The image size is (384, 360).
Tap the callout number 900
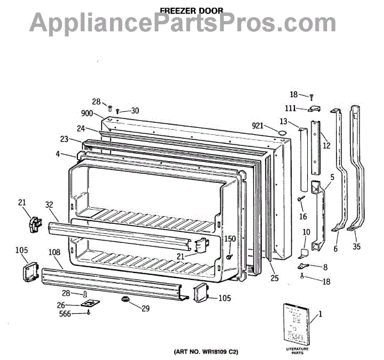pos(88,113)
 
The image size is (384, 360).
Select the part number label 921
pos(259,125)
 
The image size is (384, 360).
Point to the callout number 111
pos(290,108)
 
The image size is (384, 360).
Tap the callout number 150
pos(230,239)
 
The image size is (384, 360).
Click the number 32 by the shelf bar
pos(49,205)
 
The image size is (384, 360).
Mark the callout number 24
pos(81,128)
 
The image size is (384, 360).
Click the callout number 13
pos(284,121)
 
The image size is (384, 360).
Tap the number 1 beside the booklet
pos(320,313)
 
